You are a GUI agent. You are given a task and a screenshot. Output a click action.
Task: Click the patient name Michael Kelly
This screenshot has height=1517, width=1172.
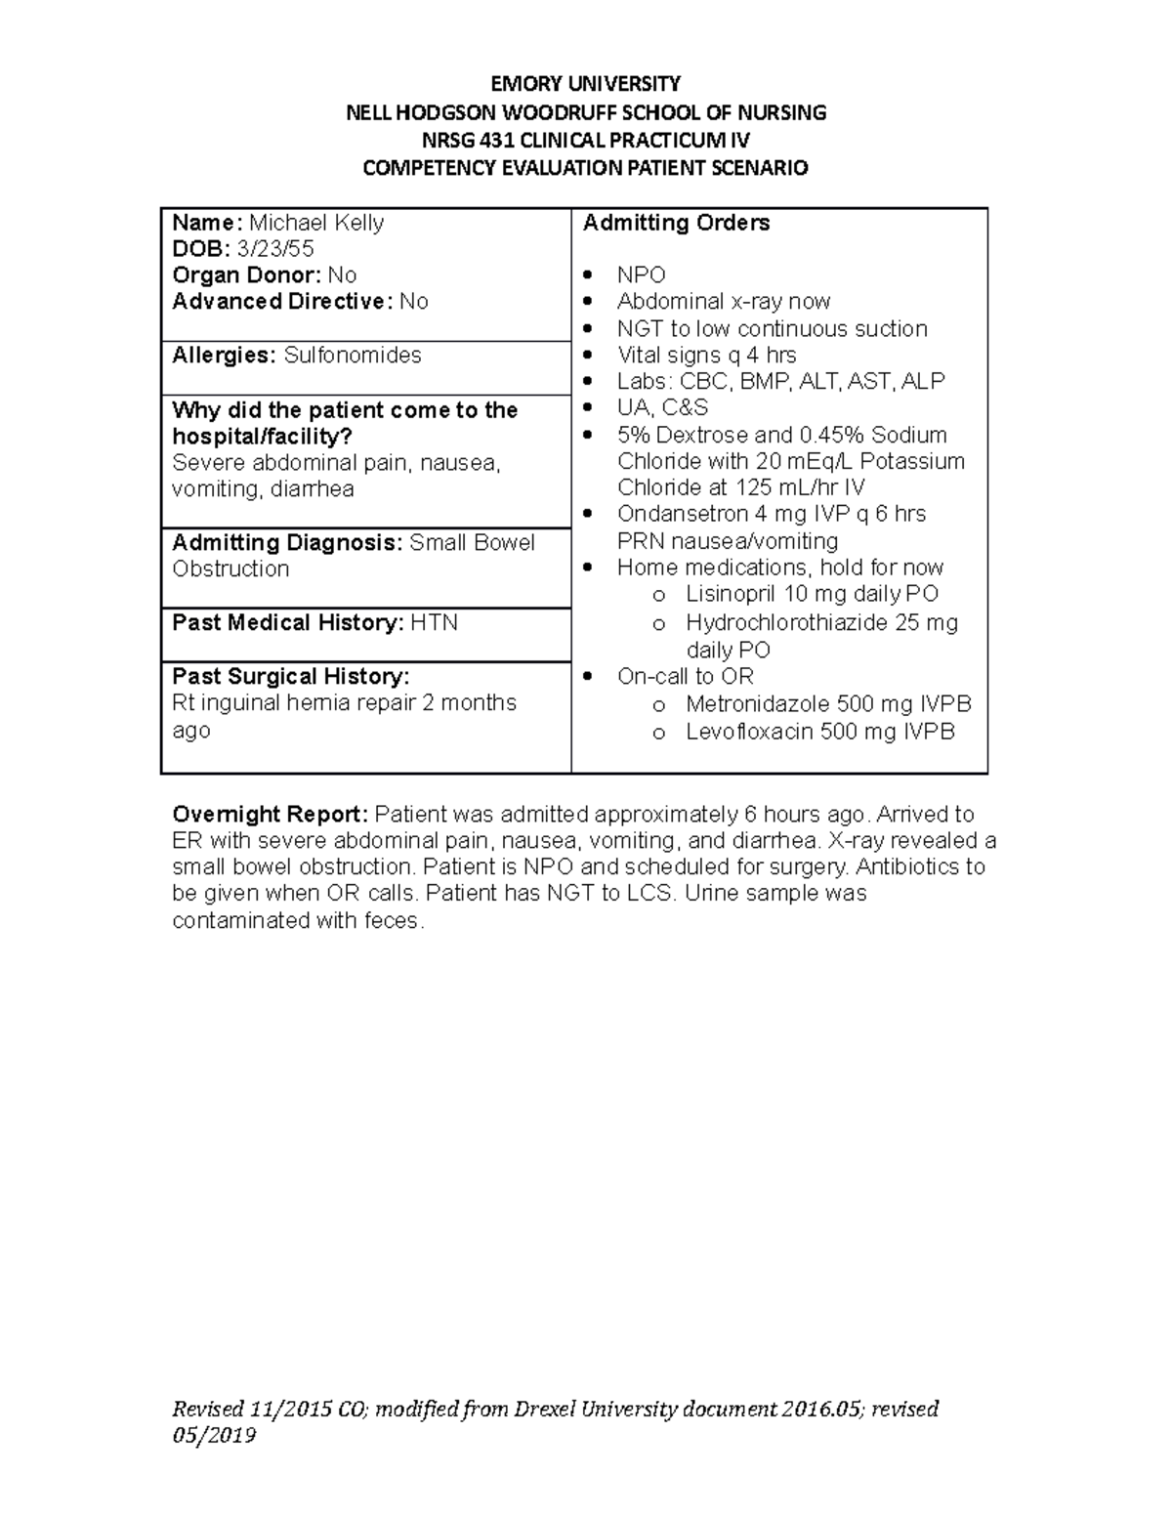(x=316, y=223)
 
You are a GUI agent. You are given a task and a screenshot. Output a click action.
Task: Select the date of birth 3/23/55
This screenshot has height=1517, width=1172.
(x=278, y=249)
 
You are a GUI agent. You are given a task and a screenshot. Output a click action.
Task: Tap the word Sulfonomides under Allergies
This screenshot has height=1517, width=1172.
(x=353, y=356)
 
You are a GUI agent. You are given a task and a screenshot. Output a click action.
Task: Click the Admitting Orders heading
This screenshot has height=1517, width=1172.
(x=676, y=223)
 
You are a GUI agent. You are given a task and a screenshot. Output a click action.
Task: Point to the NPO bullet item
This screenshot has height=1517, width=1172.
(x=641, y=275)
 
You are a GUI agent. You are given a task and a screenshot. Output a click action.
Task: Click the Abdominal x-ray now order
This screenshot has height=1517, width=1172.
(x=724, y=302)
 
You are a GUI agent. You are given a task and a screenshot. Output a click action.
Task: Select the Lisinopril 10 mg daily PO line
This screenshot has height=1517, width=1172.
(x=812, y=594)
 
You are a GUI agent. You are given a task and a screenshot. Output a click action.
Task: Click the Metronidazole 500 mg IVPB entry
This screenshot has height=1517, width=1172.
(x=828, y=703)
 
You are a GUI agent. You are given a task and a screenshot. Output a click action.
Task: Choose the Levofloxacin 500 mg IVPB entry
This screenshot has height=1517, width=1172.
(x=820, y=732)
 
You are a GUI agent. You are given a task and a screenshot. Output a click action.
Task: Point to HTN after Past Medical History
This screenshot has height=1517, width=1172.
(x=434, y=623)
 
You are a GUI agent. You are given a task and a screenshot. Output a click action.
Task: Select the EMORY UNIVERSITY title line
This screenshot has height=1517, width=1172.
(x=585, y=83)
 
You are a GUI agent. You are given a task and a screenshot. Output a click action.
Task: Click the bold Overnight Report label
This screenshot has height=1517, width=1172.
(x=271, y=815)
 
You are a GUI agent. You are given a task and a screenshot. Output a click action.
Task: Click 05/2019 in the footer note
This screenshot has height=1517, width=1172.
(x=214, y=1435)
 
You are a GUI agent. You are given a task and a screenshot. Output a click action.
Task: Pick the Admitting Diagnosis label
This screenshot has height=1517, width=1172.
(x=287, y=542)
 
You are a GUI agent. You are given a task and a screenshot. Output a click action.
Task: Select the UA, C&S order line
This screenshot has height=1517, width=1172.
(x=662, y=408)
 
